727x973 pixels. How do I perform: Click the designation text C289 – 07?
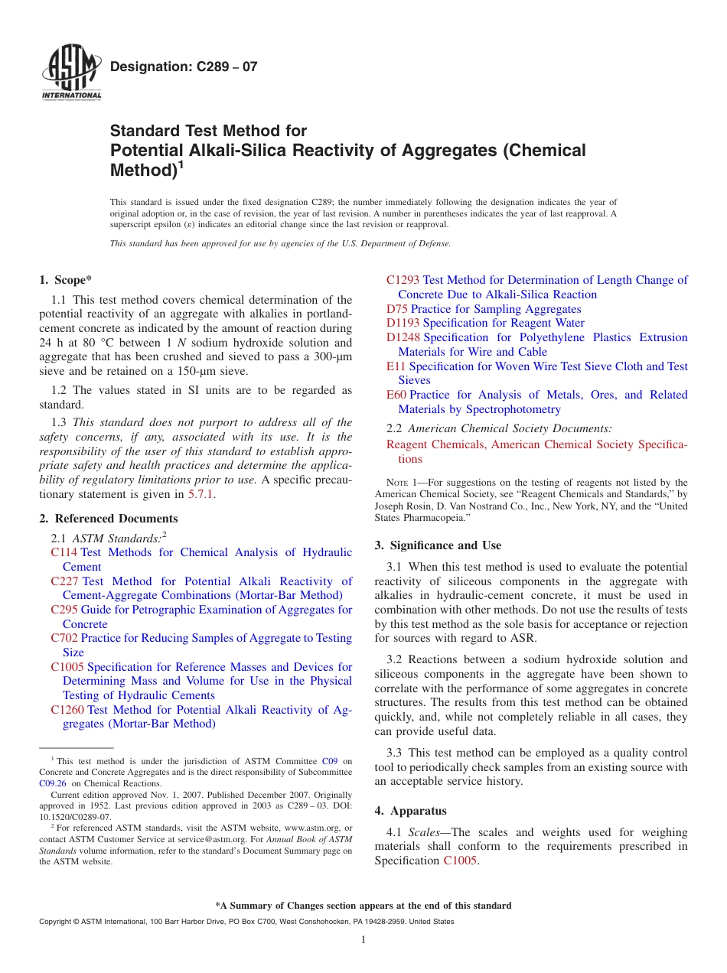184,67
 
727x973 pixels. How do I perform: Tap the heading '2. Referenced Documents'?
109,519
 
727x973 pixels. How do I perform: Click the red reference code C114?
64,552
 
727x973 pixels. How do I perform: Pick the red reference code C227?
65,581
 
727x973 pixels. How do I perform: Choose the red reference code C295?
64,610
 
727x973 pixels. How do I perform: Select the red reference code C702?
64,638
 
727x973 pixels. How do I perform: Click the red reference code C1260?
68,710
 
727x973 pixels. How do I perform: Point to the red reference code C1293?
403,280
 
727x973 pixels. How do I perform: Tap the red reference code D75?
397,309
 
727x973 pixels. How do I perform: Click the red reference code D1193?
403,323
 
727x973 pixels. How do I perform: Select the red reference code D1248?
403,337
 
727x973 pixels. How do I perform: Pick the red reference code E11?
396,366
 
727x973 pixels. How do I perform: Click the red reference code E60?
396,395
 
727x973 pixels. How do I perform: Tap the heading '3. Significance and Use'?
438,545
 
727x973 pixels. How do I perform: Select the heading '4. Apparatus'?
410,811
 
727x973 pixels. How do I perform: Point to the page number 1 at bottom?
363,940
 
